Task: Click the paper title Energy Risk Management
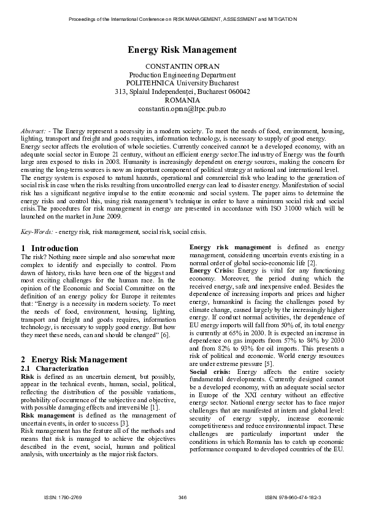[182, 50]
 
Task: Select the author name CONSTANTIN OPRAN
[182, 66]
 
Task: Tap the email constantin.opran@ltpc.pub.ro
[182, 108]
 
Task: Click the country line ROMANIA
[182, 99]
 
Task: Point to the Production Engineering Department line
[182, 74]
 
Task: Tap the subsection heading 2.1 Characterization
[54, 367]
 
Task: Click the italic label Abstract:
[34, 131]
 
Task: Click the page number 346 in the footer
[182, 496]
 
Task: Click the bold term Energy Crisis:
[212, 270]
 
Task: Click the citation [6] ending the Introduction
[165, 336]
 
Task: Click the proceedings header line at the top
[182, 19]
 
